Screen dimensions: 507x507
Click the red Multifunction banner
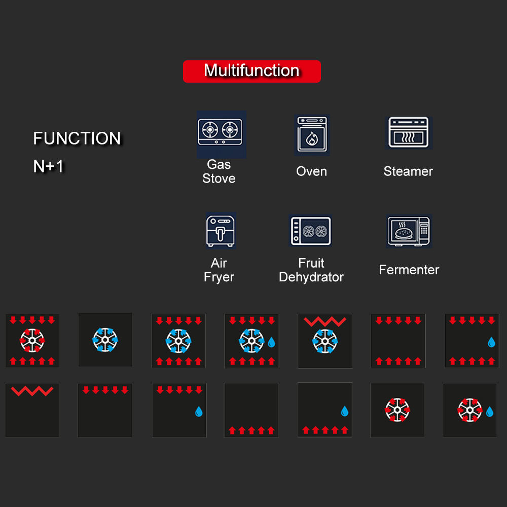pos(251,71)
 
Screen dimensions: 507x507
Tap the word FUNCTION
pos(77,138)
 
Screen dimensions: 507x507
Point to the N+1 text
pos(49,166)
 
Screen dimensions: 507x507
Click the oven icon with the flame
pos(312,135)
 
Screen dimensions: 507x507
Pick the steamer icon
pos(408,133)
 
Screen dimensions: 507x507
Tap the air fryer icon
pos(221,231)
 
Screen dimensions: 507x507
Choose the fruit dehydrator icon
pos(311,231)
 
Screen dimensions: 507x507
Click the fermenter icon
pos(408,231)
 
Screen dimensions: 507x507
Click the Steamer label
pos(408,171)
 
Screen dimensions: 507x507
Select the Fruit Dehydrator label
pos(311,270)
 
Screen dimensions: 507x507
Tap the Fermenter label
pos(409,270)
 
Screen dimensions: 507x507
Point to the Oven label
pos(311,171)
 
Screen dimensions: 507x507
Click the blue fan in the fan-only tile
pos(105,340)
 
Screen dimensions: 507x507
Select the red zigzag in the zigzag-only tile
pos(32,391)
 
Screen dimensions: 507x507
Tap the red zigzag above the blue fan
pos(324,321)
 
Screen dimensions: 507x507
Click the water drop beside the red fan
pos(490,411)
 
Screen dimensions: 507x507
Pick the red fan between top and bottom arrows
pos(32,340)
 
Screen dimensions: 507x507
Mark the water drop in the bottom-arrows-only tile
pos(345,411)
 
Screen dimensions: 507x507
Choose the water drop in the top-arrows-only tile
pos(199,411)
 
